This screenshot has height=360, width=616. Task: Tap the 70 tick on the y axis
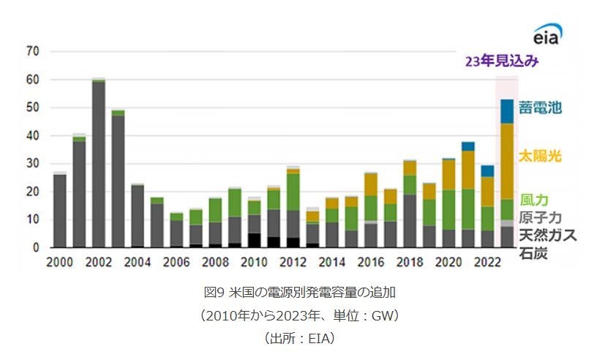click(32, 51)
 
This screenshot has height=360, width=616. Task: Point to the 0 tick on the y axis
click(35, 248)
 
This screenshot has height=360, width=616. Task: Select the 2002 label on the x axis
click(99, 262)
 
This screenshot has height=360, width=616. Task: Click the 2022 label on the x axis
click(487, 262)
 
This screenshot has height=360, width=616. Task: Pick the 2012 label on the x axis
click(293, 262)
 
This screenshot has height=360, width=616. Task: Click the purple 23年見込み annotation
click(502, 62)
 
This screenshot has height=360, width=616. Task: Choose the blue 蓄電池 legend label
click(540, 108)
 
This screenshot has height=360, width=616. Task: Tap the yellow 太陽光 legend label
click(540, 156)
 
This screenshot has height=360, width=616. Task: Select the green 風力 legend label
click(534, 199)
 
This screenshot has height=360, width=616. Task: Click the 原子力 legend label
click(540, 217)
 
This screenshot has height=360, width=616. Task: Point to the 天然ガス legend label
click(547, 235)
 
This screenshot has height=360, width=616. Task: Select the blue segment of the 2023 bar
click(506, 111)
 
